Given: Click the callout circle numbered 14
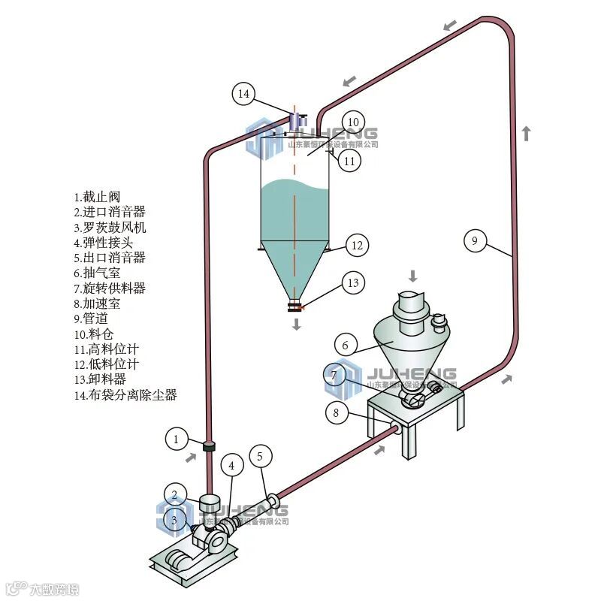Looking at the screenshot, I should pyautogui.click(x=243, y=94).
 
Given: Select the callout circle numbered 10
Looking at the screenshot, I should pyautogui.click(x=353, y=122).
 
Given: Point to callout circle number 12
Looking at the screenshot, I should pyautogui.click(x=357, y=245).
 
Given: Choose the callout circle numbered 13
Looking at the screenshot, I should pyautogui.click(x=353, y=282).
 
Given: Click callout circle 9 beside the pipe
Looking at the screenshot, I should pyautogui.click(x=473, y=240).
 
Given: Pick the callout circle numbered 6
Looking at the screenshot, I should pyautogui.click(x=345, y=346).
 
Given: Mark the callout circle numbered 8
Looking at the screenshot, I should pyautogui.click(x=337, y=412).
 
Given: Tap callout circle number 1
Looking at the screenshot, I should pyautogui.click(x=176, y=438).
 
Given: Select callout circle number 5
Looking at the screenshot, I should pyautogui.click(x=260, y=455).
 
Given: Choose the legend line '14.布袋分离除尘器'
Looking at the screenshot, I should pyautogui.click(x=126, y=394).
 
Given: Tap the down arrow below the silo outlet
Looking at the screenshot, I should pyautogui.click(x=297, y=324).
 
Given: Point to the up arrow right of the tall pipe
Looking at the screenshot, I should pyautogui.click(x=527, y=134).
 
